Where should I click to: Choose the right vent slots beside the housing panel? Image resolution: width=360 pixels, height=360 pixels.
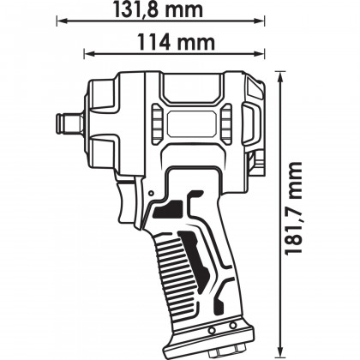click(x=226, y=125)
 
